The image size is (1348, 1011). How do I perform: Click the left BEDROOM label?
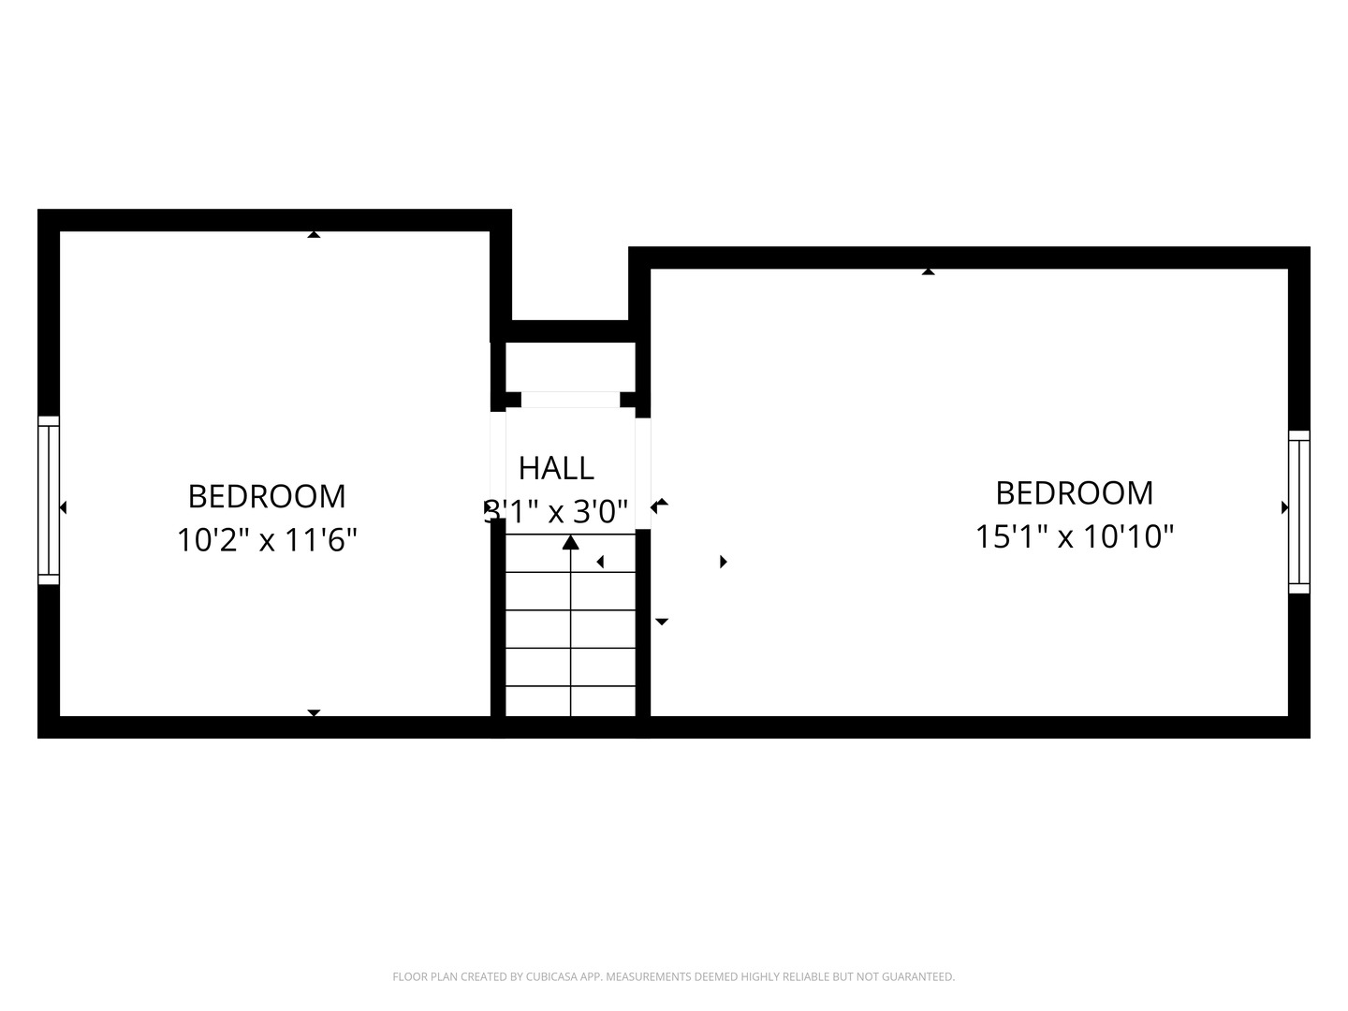(267, 495)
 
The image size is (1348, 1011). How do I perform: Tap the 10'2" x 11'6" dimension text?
(267, 540)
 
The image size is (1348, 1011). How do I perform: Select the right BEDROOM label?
(1074, 492)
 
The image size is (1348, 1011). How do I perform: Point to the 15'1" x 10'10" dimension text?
(1074, 537)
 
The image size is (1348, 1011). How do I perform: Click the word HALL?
(556, 467)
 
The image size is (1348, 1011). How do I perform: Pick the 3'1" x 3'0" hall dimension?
(556, 512)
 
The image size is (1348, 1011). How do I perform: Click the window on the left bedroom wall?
(49, 500)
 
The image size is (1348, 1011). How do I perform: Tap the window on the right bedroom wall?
(1298, 511)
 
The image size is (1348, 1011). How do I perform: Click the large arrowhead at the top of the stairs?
(570, 542)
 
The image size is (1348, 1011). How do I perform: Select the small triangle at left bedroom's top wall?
(314, 234)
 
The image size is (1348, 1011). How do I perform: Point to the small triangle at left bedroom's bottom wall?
(314, 712)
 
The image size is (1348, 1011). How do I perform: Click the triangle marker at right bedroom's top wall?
(928, 271)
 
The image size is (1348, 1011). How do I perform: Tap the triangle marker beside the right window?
(1284, 507)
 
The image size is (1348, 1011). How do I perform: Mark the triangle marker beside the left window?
(63, 507)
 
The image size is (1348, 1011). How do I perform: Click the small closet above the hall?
(570, 367)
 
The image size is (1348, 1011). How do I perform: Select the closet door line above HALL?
(570, 400)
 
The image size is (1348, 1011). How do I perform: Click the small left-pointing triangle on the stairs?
(600, 562)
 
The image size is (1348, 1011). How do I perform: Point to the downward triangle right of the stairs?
(662, 622)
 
